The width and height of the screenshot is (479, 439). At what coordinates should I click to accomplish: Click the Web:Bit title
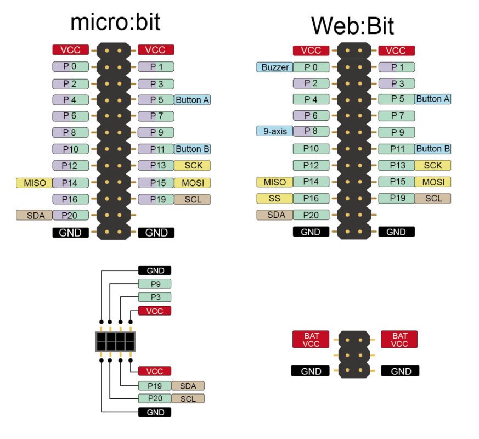click(x=352, y=25)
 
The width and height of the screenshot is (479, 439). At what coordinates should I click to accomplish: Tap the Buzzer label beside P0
click(x=274, y=67)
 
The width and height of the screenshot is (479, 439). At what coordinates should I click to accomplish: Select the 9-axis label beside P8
click(x=274, y=131)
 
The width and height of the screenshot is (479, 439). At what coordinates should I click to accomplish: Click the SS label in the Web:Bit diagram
click(x=274, y=198)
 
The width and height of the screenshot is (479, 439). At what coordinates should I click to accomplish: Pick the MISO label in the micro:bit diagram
click(x=34, y=183)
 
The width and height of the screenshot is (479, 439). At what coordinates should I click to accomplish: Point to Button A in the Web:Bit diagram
click(x=432, y=99)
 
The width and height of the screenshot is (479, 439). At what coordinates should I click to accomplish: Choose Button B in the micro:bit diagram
click(x=192, y=149)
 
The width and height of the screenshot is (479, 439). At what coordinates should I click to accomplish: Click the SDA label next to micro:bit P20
click(x=34, y=215)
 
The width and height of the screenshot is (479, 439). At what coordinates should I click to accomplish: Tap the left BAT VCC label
click(x=311, y=339)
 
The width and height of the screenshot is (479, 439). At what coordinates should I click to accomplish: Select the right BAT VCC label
click(x=399, y=339)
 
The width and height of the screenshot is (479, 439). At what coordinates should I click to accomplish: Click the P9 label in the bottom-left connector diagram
click(x=155, y=284)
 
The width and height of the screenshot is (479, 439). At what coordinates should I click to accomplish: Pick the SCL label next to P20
click(x=188, y=398)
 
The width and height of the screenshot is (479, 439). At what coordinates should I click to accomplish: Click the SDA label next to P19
click(x=188, y=386)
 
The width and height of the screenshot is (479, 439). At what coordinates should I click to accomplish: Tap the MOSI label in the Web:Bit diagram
click(x=432, y=182)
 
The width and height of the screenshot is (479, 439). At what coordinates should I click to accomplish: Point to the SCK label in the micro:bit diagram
click(x=192, y=165)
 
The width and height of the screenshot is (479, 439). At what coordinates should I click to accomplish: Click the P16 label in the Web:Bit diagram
click(x=311, y=198)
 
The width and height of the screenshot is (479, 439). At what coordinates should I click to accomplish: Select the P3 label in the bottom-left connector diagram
click(x=155, y=297)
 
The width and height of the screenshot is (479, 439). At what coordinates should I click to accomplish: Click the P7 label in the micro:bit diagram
click(x=156, y=116)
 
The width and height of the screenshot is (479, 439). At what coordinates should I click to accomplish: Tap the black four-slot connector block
click(x=116, y=341)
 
